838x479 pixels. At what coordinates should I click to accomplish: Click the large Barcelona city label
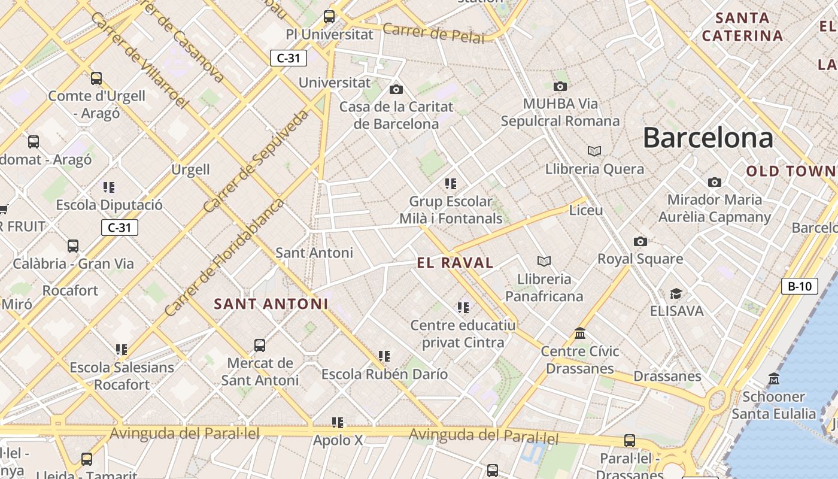click(708, 138)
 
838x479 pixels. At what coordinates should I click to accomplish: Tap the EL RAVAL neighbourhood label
click(455, 262)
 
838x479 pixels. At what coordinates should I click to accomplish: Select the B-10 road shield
click(799, 286)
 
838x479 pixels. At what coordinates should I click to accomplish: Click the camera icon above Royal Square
click(640, 241)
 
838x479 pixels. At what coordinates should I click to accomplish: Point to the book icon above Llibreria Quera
click(594, 151)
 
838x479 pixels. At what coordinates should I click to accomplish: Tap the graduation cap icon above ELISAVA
click(676, 293)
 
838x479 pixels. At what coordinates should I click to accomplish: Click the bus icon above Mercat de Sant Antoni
click(259, 345)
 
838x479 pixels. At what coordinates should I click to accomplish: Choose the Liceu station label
click(586, 210)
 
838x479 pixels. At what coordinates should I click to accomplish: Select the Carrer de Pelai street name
click(433, 33)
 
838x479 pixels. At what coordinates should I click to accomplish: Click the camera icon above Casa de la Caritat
click(396, 89)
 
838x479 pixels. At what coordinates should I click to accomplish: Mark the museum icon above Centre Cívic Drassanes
click(579, 333)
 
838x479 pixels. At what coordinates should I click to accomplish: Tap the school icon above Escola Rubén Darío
click(384, 356)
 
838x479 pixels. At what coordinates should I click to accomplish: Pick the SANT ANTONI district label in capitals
click(271, 304)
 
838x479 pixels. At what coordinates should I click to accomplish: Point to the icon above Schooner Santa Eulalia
click(774, 378)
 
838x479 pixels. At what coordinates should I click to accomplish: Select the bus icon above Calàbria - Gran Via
click(73, 245)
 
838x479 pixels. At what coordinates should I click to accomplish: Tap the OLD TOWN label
click(790, 171)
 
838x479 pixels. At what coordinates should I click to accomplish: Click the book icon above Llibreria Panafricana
click(544, 261)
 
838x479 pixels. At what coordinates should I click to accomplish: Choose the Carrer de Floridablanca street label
click(224, 257)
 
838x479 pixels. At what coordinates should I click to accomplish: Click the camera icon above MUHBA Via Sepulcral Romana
click(560, 86)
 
